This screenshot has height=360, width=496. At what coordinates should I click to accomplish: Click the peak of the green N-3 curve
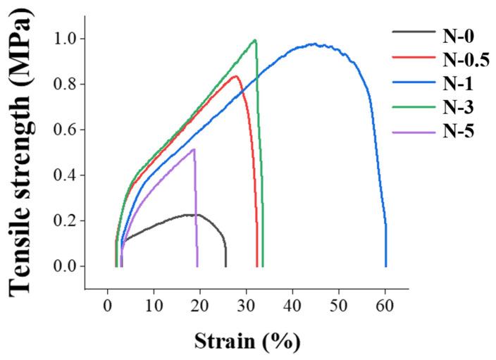[254, 40]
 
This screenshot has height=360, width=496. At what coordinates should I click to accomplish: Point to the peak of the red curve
[236, 76]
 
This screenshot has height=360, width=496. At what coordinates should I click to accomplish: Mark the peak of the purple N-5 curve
[194, 149]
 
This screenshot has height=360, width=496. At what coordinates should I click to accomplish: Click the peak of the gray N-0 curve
[192, 214]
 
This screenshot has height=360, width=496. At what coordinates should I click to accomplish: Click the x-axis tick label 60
[385, 306]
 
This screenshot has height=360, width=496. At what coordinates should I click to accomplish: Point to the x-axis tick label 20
[200, 306]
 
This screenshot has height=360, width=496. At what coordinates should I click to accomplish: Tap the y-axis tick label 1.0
[66, 39]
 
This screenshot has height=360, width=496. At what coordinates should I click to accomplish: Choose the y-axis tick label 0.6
[66, 130]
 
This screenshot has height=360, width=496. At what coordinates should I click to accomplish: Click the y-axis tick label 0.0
[66, 266]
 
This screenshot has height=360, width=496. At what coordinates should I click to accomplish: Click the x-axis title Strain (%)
[247, 342]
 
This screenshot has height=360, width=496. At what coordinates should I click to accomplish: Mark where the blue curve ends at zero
[385, 266]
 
